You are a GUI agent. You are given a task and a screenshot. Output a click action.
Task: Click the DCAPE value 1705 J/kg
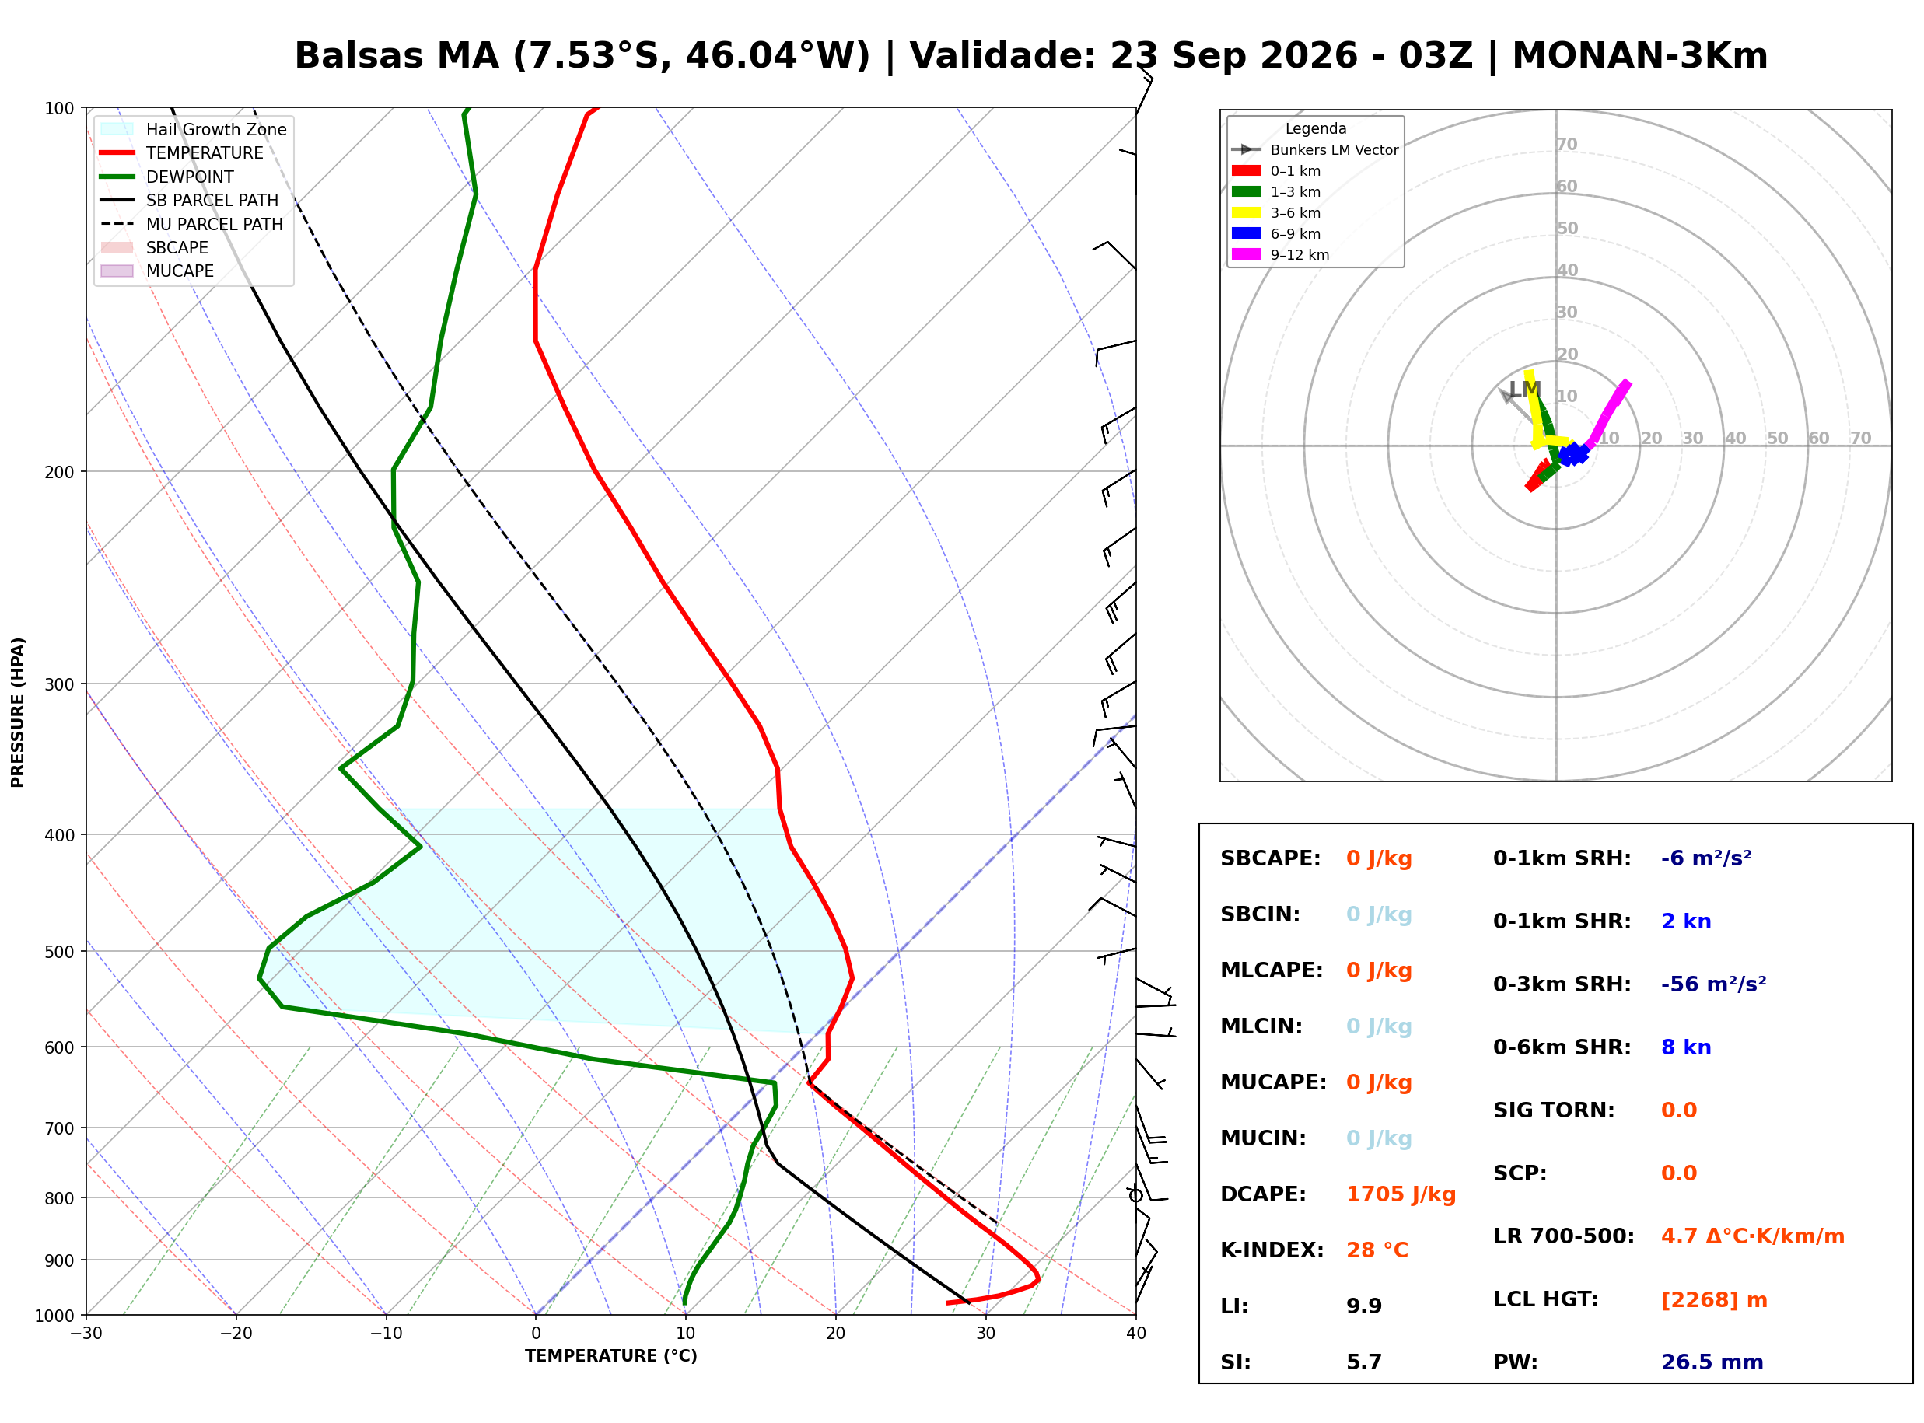tap(1401, 1194)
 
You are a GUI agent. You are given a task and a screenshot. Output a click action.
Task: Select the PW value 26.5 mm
tap(1712, 1362)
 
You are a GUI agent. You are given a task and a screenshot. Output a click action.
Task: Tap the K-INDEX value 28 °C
tap(1377, 1250)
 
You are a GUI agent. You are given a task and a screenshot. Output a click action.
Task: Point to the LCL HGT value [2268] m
tap(1714, 1300)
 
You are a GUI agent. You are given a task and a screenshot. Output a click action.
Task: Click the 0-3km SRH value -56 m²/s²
tap(1714, 984)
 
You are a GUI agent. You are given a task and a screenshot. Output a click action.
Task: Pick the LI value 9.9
tap(1364, 1306)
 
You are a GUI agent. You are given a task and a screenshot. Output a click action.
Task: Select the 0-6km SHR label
tap(1562, 1047)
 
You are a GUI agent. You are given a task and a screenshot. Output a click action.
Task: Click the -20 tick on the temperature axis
tap(236, 1334)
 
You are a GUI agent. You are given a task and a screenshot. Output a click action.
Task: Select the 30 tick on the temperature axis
tap(986, 1334)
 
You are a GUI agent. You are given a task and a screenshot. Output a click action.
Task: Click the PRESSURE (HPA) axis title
tap(18, 712)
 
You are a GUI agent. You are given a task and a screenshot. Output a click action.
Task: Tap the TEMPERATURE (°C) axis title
tap(611, 1357)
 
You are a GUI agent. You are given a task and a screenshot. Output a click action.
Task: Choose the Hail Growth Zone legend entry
tap(194, 129)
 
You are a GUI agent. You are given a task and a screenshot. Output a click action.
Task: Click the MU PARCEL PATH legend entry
tap(192, 224)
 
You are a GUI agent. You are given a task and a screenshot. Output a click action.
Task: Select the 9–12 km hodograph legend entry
tap(1281, 255)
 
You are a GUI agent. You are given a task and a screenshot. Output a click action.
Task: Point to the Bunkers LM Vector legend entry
tap(1315, 150)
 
